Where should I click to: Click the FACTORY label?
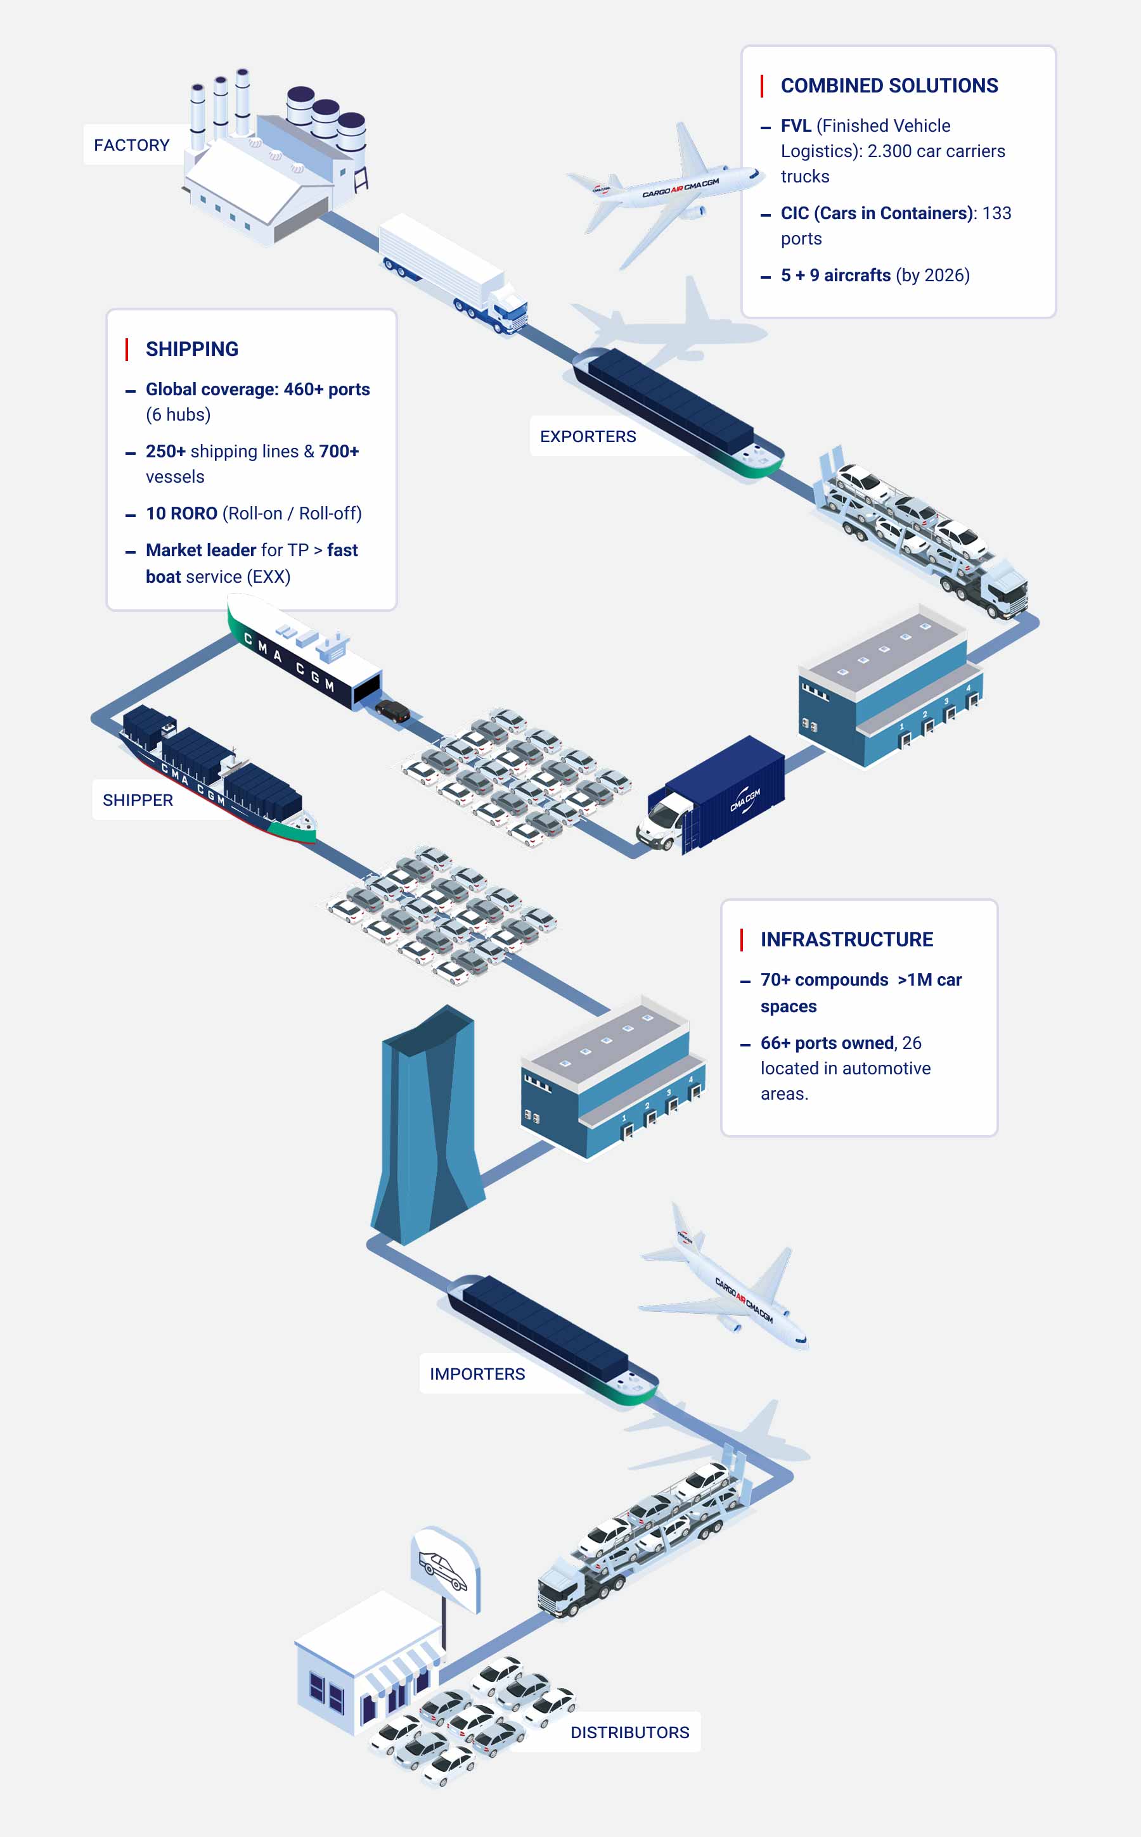[x=131, y=145]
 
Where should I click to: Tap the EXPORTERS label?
[x=588, y=436]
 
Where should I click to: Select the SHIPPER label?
[x=138, y=800]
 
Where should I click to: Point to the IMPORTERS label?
[x=477, y=1374]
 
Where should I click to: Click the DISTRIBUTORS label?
[x=629, y=1732]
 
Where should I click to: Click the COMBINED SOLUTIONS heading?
[x=889, y=86]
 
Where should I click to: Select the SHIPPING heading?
[x=191, y=349]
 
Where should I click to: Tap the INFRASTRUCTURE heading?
[x=847, y=939]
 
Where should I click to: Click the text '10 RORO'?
[x=181, y=514]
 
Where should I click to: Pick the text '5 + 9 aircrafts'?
[x=835, y=276]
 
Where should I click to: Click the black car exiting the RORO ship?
[x=392, y=710]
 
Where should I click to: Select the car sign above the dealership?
[x=444, y=1568]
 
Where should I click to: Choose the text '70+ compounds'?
[x=824, y=979]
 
